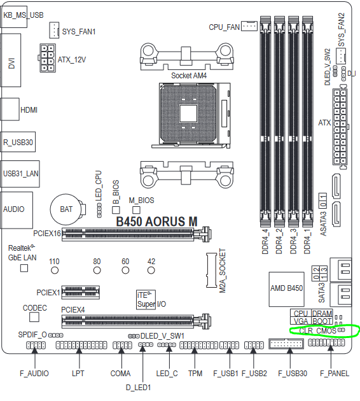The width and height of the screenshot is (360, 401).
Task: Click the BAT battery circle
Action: click(66, 209)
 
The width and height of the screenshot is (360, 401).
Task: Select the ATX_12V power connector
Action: click(47, 58)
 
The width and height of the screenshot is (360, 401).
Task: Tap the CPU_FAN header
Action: click(249, 26)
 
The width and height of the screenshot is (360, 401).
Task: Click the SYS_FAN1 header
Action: click(54, 30)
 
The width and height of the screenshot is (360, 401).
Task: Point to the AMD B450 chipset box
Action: click(286, 289)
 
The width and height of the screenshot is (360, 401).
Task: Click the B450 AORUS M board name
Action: click(156, 222)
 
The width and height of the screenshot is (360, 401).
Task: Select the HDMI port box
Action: click(10, 109)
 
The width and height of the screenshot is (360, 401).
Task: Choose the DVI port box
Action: click(10, 60)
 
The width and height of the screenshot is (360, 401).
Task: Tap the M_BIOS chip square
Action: click(136, 210)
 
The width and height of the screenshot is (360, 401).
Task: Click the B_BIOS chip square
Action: click(116, 210)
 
